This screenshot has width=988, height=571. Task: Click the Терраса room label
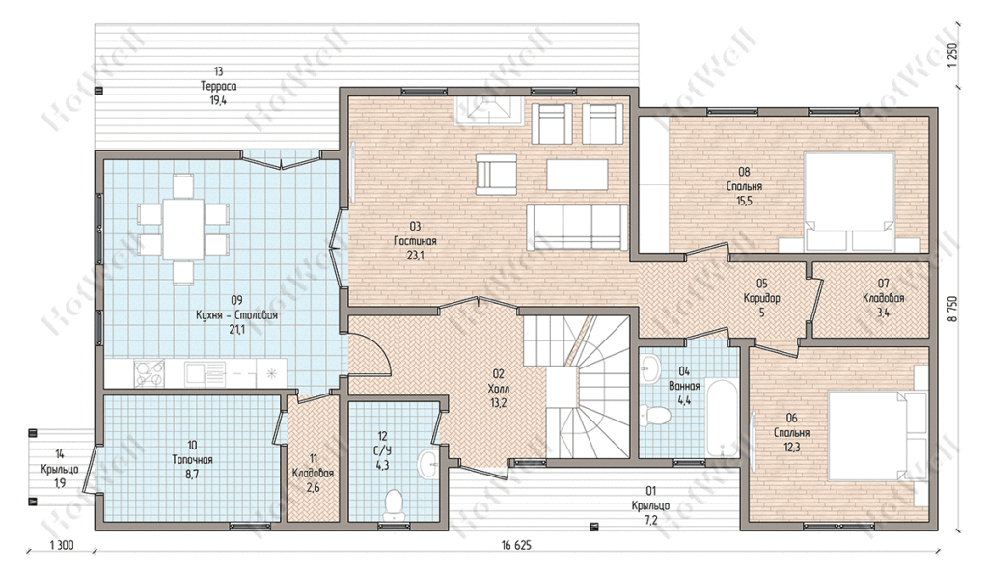click(219, 87)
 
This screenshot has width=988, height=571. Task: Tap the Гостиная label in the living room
click(415, 241)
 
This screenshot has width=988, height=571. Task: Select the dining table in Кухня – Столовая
click(182, 229)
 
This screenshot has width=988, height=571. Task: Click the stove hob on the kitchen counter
click(150, 373)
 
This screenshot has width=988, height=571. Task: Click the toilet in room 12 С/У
click(394, 505)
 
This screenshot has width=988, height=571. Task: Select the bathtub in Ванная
click(722, 417)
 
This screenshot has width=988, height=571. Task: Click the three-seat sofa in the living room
click(577, 227)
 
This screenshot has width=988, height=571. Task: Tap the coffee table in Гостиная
click(577, 175)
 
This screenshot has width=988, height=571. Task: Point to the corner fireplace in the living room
click(485, 110)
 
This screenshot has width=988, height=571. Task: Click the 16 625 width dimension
click(516, 545)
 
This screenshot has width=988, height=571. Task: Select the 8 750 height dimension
click(951, 309)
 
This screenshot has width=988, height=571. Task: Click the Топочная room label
click(192, 460)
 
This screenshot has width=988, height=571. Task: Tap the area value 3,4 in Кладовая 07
click(883, 313)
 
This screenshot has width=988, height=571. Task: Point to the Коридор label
click(762, 298)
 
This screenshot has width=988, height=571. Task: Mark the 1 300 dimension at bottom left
click(62, 545)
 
